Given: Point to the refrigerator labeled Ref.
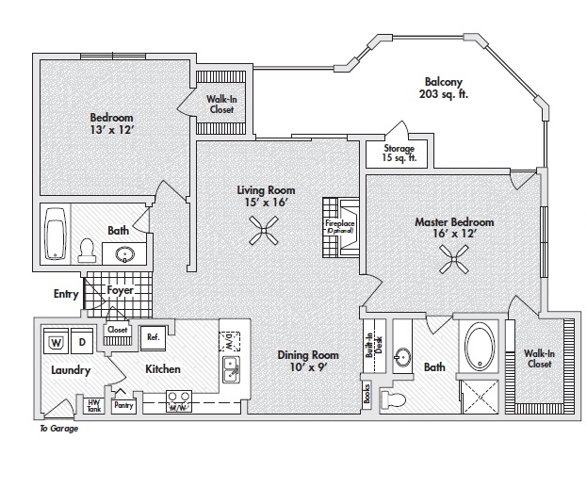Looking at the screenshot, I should (x=151, y=336).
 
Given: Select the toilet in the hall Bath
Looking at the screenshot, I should (x=86, y=250).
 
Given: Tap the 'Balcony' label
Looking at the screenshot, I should (x=443, y=81).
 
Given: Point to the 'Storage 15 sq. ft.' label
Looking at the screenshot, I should (x=399, y=155).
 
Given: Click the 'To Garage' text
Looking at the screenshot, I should (x=58, y=429).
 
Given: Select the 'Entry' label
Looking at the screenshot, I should (x=66, y=294).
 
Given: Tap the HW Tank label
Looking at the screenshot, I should (x=93, y=403).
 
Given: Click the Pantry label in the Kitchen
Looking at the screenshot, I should (x=123, y=405).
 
